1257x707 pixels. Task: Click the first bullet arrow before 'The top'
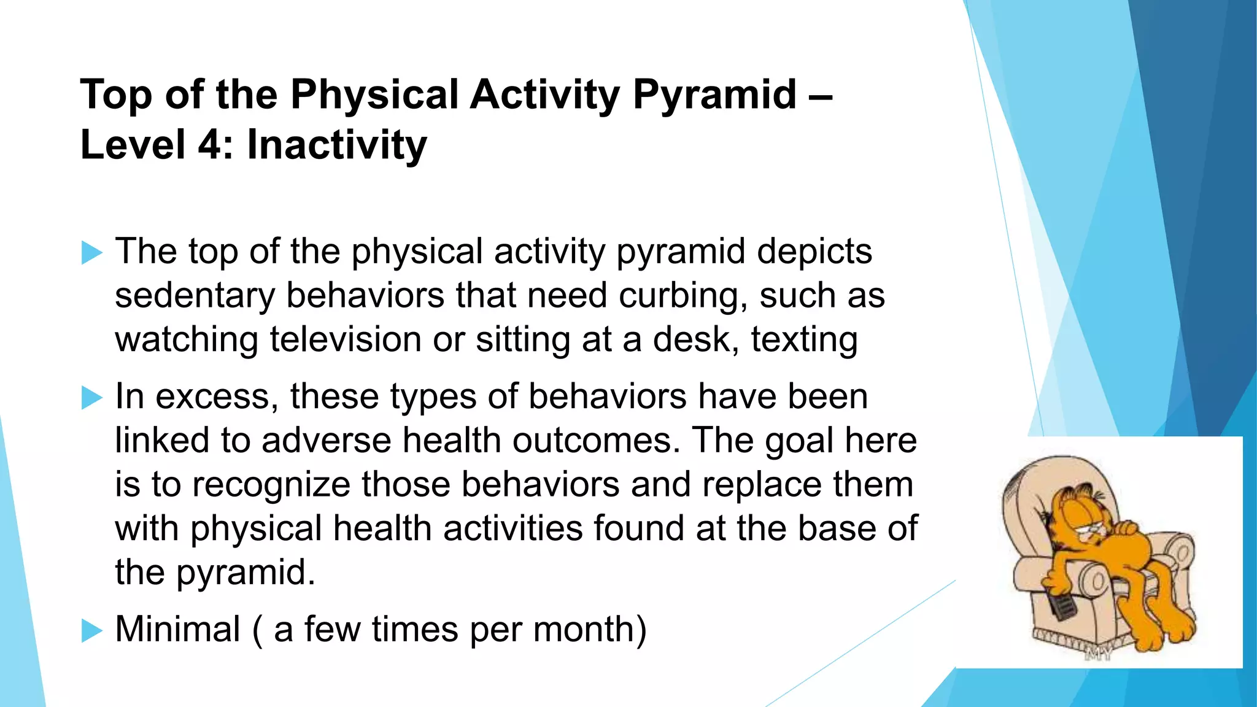[91, 253]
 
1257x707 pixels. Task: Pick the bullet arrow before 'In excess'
[91, 398]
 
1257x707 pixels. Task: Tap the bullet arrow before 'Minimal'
[91, 630]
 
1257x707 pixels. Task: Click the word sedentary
[195, 296]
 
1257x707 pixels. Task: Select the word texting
[804, 339]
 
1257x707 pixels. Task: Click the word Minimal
[177, 630]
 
